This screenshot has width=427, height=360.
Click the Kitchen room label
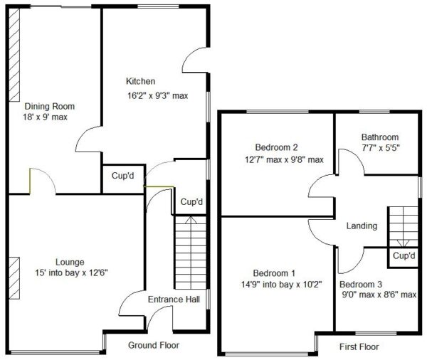pyautogui.click(x=140, y=81)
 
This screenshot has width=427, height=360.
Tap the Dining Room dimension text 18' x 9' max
pyautogui.click(x=46, y=117)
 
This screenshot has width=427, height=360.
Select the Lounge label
pyautogui.click(x=70, y=263)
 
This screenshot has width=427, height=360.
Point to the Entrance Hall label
pyautogui.click(x=174, y=300)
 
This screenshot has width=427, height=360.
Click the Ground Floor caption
pyautogui.click(x=154, y=345)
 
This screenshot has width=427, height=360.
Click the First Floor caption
pyautogui.click(x=359, y=347)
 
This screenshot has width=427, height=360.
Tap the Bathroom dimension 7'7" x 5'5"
pyautogui.click(x=381, y=148)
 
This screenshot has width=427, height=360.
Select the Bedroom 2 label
pyautogui.click(x=276, y=147)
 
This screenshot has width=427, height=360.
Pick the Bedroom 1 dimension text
pyautogui.click(x=282, y=285)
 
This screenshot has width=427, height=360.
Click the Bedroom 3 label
pyautogui.click(x=361, y=285)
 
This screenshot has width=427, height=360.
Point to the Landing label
pyautogui.click(x=362, y=226)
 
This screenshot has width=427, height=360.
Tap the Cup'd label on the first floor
pyautogui.click(x=404, y=255)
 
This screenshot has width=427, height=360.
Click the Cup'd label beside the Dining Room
pyautogui.click(x=123, y=176)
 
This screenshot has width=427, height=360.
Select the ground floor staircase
pyautogui.click(x=191, y=253)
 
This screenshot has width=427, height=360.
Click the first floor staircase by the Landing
pyautogui.click(x=403, y=227)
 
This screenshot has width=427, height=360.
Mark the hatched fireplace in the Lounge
pyautogui.click(x=14, y=278)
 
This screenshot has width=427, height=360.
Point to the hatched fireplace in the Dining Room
pyautogui.click(x=14, y=55)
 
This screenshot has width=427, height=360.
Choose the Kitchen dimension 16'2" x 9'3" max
pyautogui.click(x=158, y=95)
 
